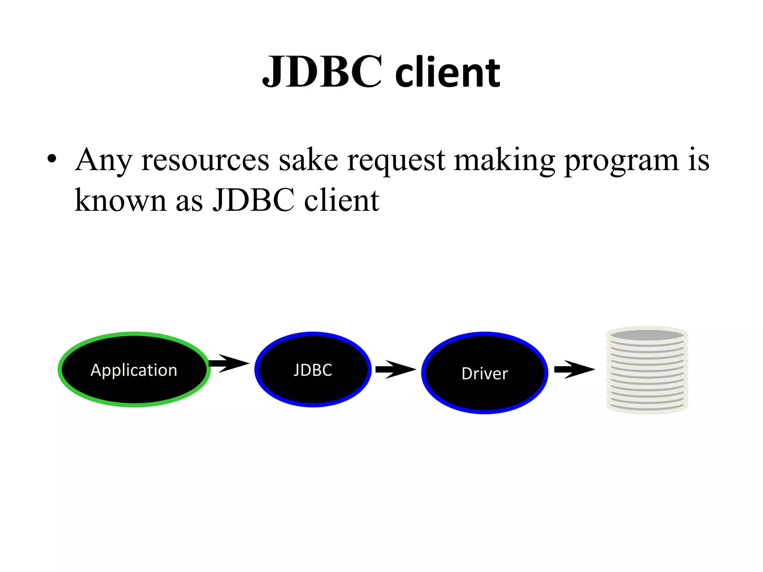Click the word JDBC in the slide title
[322, 71]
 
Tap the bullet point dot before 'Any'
[52, 159]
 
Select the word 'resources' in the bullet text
[205, 160]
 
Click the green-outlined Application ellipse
[134, 369]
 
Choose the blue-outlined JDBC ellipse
[313, 369]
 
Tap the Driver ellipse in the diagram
[485, 373]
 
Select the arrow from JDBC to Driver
[396, 369]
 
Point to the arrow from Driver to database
[574, 369]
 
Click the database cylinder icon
[647, 370]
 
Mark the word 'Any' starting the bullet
[103, 160]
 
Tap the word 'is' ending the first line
[699, 160]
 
